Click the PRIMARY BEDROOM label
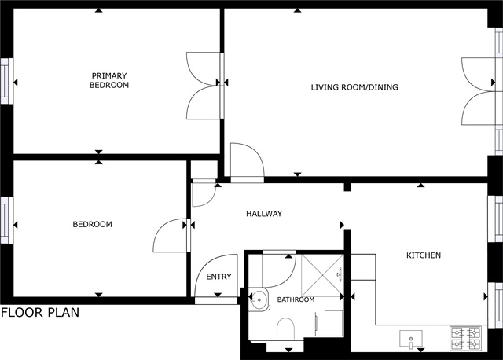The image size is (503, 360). point(109,80)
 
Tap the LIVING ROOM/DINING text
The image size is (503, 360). point(354,87)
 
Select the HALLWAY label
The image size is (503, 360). point(264,214)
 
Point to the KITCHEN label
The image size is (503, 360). point(424,255)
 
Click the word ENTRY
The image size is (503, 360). point(218,277)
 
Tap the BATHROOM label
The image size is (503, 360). point(296,299)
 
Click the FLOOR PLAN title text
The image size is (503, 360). point(40,313)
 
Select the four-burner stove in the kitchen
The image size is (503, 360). point(465,338)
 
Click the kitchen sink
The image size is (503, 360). point(411,339)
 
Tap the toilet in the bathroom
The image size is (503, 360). point(285,329)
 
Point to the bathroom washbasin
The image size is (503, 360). point(259,299)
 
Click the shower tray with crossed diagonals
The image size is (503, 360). point(322,276)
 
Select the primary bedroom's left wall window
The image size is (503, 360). point(6,81)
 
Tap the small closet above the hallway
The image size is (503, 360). point(204,170)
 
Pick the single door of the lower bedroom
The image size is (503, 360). point(170,235)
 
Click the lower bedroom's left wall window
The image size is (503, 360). point(6,220)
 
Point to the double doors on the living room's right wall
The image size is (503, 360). point(479,91)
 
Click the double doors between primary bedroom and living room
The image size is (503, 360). point(204,86)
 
